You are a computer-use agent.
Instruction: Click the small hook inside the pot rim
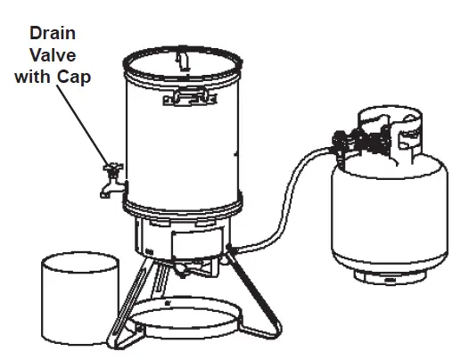[181, 59]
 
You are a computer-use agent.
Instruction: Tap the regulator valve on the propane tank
[343, 141]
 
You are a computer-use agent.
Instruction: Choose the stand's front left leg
[124, 303]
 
